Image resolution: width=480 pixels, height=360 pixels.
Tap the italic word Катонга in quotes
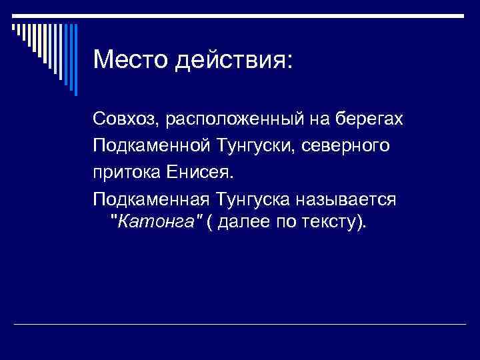(x=157, y=222)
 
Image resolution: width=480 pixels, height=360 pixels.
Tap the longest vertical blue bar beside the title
(x=75, y=59)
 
